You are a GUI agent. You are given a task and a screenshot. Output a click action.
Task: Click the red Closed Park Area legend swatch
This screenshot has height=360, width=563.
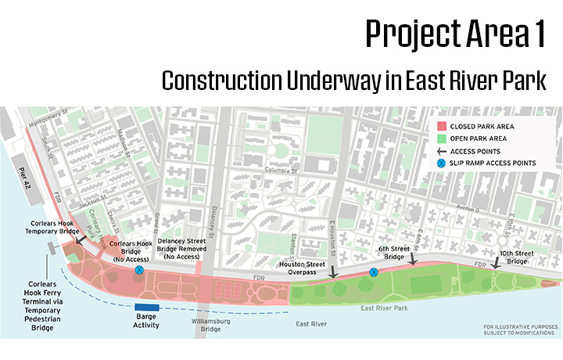(x=443, y=125)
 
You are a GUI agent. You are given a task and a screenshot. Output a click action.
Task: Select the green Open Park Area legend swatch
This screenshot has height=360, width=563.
(x=443, y=138)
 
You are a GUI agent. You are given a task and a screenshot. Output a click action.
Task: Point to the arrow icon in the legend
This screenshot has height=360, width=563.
(x=443, y=150)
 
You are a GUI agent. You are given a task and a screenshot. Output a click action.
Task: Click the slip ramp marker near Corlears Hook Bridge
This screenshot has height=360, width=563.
(x=139, y=270)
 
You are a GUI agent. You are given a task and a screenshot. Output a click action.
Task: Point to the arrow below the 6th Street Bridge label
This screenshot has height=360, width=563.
(x=412, y=266)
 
